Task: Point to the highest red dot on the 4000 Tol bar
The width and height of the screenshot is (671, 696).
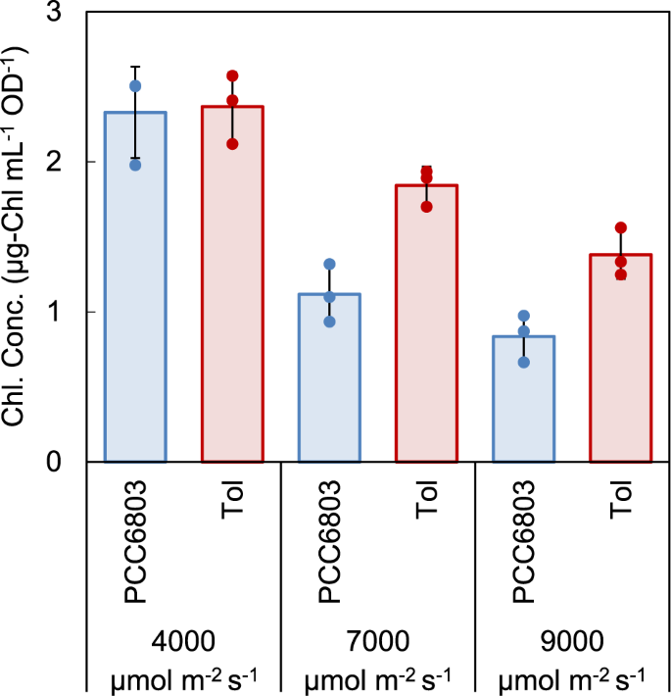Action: click(x=232, y=75)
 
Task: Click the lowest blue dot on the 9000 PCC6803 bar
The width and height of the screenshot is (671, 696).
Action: click(x=523, y=362)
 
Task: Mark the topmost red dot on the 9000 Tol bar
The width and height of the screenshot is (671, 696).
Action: click(x=620, y=227)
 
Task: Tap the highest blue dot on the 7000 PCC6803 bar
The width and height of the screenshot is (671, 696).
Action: click(x=329, y=264)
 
